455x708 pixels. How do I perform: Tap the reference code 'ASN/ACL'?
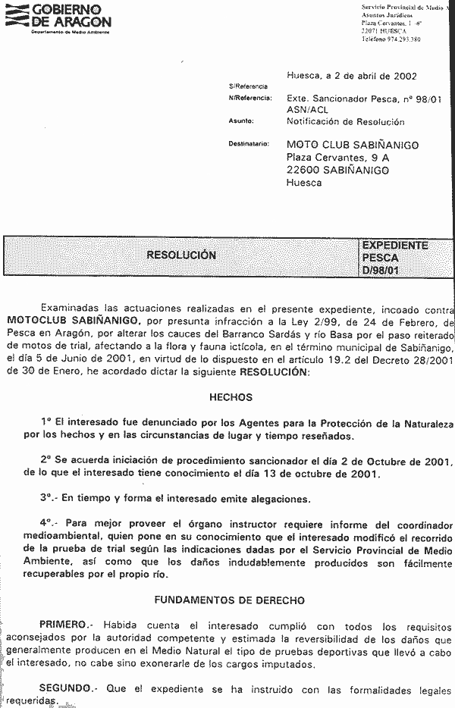coord(307,110)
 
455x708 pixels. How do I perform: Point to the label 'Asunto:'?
coord(240,121)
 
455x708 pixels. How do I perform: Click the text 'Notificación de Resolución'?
coord(345,121)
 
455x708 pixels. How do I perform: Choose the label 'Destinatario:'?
coord(249,144)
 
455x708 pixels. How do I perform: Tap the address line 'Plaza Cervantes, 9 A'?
coord(337,158)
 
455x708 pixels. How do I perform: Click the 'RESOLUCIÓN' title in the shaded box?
coord(181,255)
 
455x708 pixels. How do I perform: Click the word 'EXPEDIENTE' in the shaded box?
coord(395,246)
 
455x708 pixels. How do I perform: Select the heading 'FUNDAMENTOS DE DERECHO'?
coord(230,600)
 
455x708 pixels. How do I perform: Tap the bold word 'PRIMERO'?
coord(63,625)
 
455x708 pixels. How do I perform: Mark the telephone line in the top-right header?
coord(391,38)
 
